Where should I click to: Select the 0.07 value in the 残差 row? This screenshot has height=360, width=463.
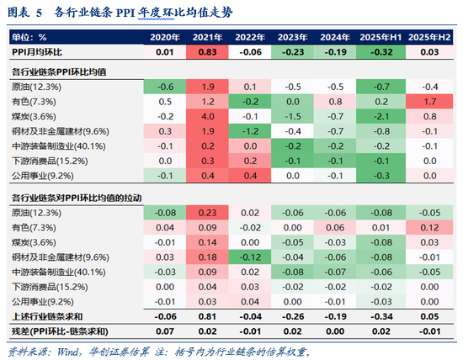pyautogui.click(x=165, y=331)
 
